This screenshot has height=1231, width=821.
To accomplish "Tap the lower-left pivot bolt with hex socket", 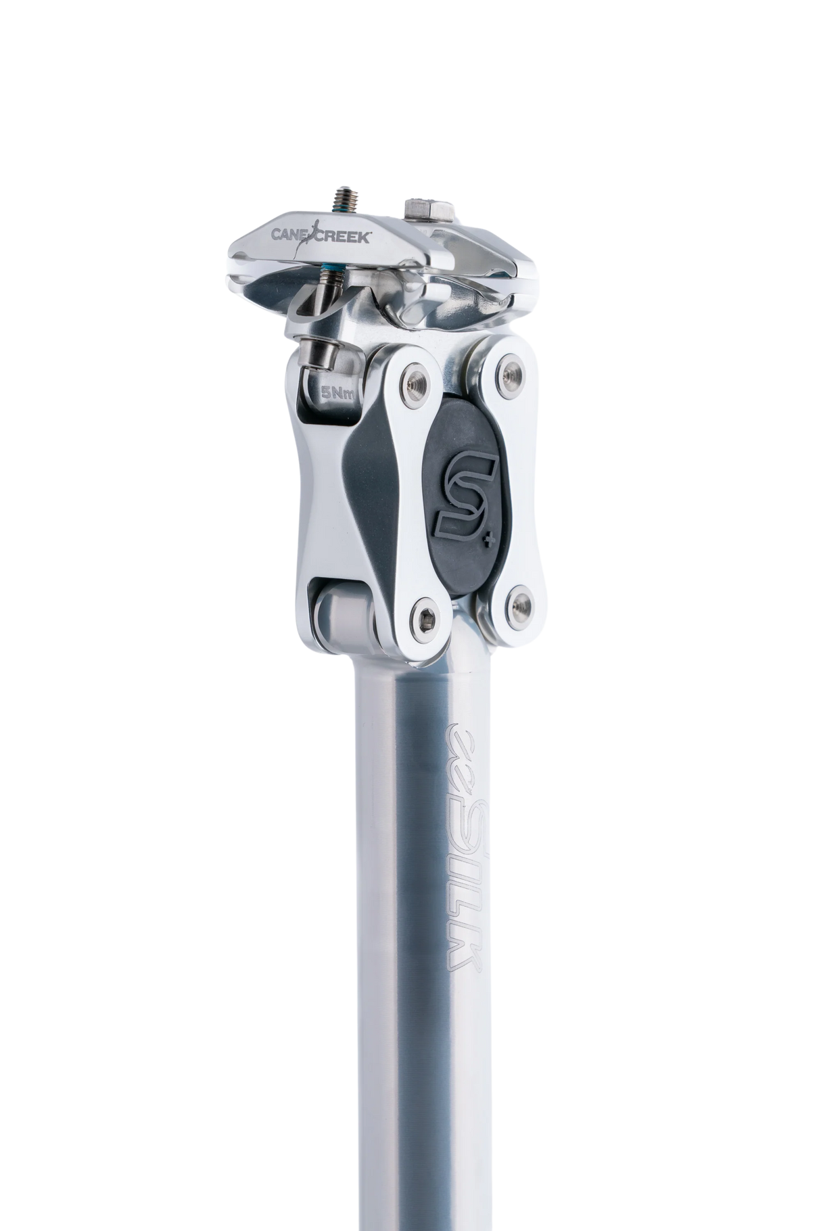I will [423, 616].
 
